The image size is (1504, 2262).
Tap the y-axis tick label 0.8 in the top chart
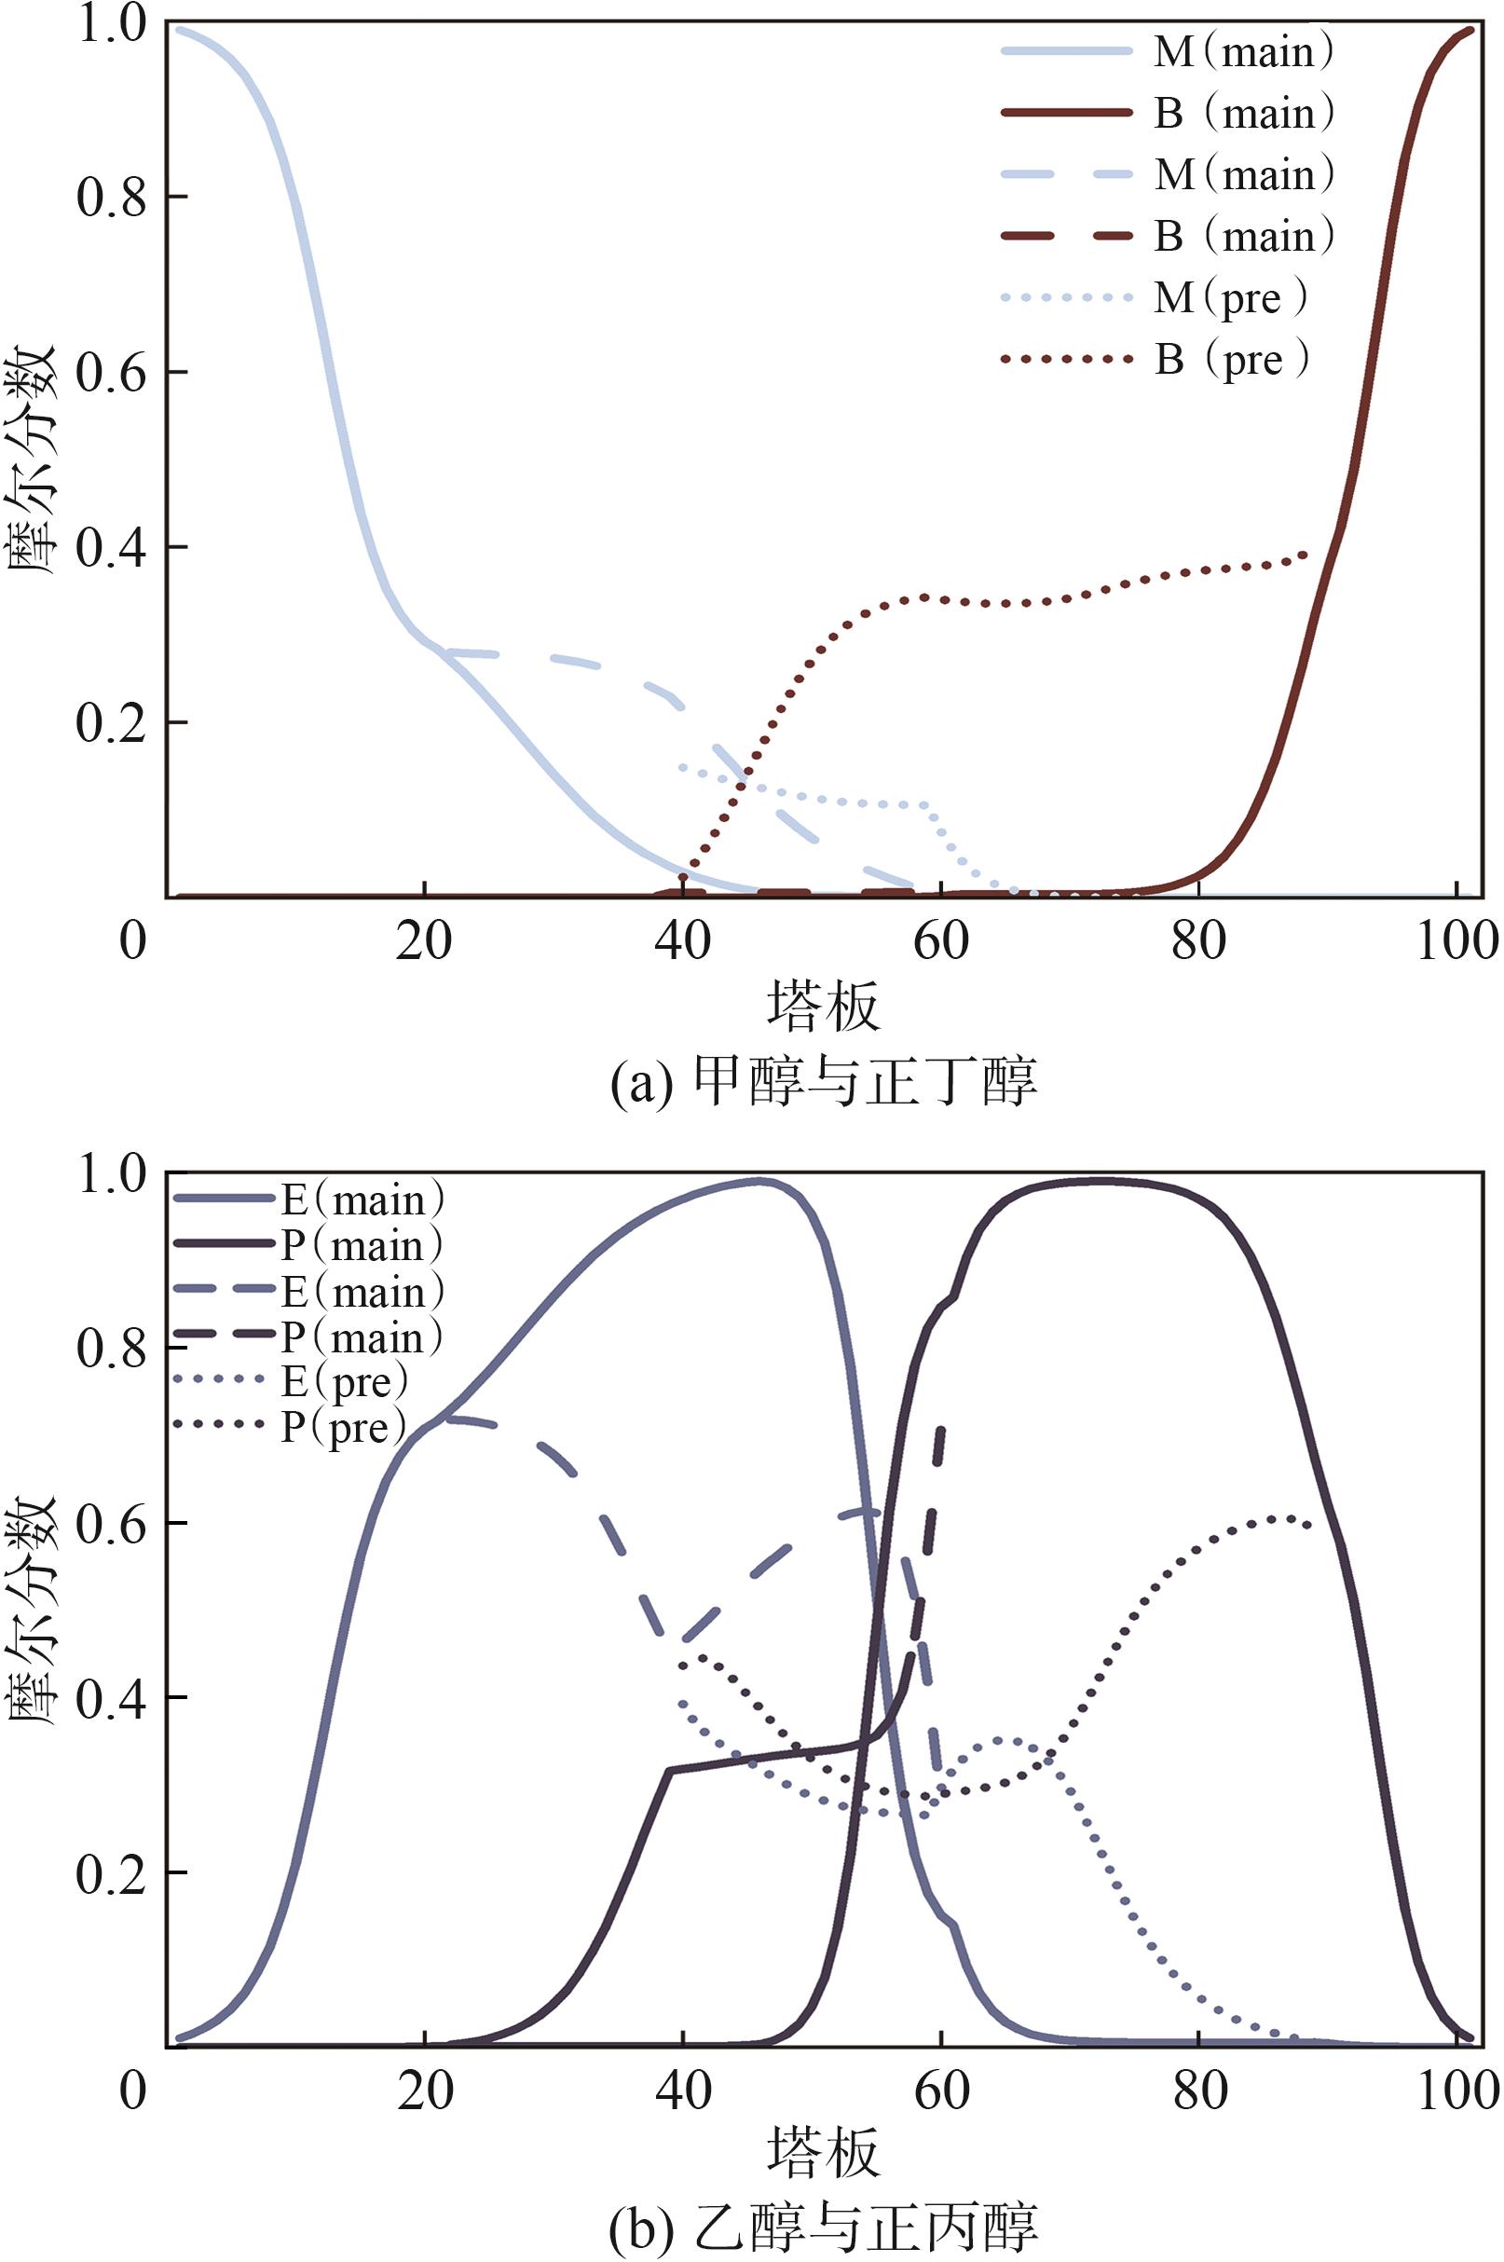click(x=111, y=198)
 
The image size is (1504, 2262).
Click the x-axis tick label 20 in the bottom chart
click(x=425, y=2091)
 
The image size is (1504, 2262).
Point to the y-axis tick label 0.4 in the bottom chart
click(x=111, y=1698)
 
